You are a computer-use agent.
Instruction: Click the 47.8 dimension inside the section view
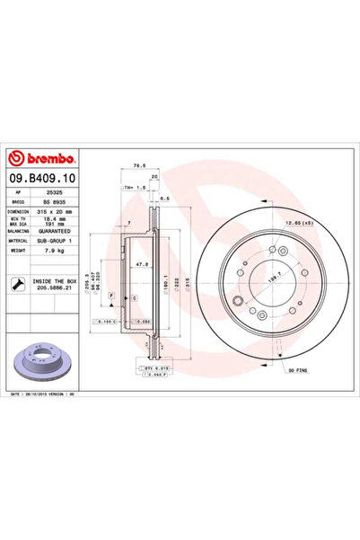click(141, 266)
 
